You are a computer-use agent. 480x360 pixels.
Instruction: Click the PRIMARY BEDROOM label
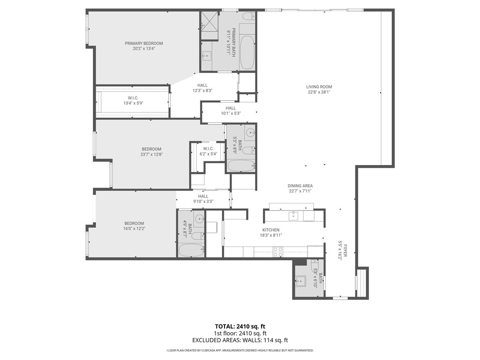coord(143,43)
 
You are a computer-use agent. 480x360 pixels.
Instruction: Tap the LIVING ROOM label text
coord(319,87)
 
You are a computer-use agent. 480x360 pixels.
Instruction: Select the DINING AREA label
coord(300,186)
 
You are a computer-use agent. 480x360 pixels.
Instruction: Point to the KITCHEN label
coord(270,230)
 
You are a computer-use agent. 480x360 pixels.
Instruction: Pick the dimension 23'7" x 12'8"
coord(151,154)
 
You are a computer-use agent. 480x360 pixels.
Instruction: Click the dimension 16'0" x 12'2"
coord(134,229)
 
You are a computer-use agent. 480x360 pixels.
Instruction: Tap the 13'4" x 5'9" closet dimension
coord(133,103)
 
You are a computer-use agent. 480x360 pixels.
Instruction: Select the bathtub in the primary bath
coord(247,52)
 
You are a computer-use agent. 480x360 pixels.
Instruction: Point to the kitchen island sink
coord(293,216)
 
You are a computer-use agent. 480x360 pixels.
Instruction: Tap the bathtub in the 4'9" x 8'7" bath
coord(191,250)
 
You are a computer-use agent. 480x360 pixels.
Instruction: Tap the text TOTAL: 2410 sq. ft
coord(240,326)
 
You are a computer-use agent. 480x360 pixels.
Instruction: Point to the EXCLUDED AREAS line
coord(240,340)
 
